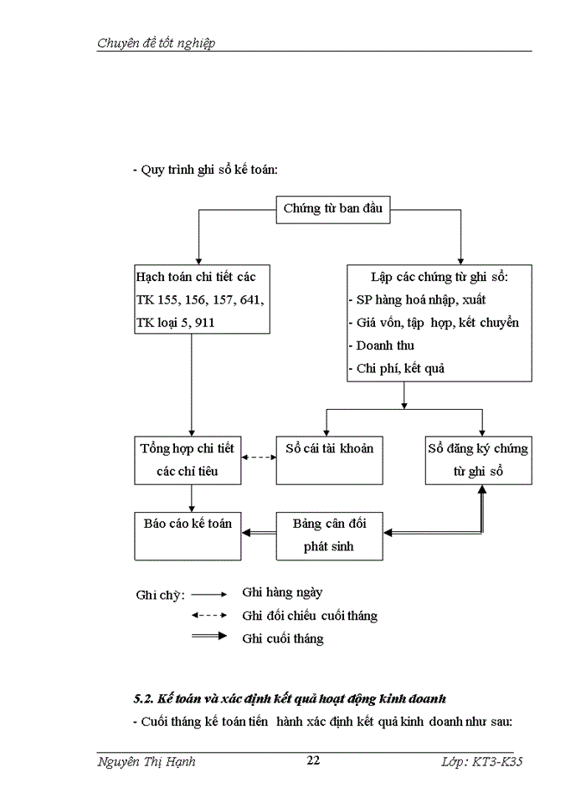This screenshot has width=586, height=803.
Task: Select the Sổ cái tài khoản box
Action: (329, 459)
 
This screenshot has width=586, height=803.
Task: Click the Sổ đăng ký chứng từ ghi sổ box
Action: (477, 459)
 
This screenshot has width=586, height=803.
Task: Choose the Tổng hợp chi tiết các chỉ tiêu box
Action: (188, 459)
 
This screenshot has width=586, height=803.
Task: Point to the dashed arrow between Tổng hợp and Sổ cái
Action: (259, 458)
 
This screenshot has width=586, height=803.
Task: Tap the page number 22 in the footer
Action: (313, 760)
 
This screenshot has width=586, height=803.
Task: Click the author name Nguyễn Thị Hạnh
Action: (146, 761)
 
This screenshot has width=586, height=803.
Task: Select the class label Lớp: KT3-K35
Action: (486, 761)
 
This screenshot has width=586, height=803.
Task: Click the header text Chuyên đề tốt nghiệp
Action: (156, 43)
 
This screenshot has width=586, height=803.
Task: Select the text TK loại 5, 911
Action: (175, 322)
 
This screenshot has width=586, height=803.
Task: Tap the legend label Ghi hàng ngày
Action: (282, 592)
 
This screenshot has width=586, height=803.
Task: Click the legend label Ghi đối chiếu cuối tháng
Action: (310, 616)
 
